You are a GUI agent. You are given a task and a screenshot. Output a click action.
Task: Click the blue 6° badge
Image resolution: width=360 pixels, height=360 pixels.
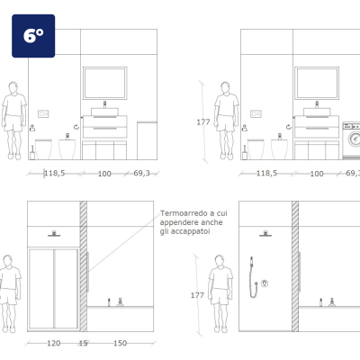click(33, 36)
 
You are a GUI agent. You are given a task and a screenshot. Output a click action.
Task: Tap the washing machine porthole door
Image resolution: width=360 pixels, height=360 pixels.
click(355, 139)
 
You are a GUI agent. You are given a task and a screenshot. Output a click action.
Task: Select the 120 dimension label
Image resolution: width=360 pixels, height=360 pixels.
click(54, 343)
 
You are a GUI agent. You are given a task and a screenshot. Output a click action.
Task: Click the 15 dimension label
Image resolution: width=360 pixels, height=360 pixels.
click(83, 343)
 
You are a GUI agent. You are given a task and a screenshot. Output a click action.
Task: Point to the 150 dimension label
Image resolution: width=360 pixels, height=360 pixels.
click(120, 343)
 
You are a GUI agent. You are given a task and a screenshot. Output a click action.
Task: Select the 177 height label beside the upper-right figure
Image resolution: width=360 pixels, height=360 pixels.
click(203, 122)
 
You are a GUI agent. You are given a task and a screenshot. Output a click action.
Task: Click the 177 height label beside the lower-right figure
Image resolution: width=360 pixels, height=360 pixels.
click(197, 295)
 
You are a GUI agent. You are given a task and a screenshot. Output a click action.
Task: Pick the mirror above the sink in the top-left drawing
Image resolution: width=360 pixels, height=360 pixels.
click(105, 83)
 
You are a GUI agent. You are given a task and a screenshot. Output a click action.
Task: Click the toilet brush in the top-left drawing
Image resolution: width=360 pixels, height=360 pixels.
click(32, 153)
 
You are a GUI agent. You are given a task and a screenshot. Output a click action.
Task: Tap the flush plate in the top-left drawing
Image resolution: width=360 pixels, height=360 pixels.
click(43, 114)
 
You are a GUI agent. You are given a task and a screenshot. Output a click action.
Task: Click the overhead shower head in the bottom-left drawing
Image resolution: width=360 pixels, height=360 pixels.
click(54, 234)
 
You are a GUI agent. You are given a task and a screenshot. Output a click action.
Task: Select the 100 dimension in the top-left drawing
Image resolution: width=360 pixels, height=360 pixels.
click(104, 174)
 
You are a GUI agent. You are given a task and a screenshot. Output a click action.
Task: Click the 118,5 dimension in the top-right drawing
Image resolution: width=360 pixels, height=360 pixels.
click(266, 173)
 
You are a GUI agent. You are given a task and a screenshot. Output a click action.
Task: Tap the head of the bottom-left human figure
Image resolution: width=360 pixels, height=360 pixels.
click(8, 261)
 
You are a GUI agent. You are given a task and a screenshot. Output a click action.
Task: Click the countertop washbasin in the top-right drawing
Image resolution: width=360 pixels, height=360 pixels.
click(317, 112)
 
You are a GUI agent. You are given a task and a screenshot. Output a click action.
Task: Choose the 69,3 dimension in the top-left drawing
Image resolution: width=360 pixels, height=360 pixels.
click(141, 173)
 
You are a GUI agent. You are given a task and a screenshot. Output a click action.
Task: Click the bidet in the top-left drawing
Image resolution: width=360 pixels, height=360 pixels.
click(67, 148)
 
